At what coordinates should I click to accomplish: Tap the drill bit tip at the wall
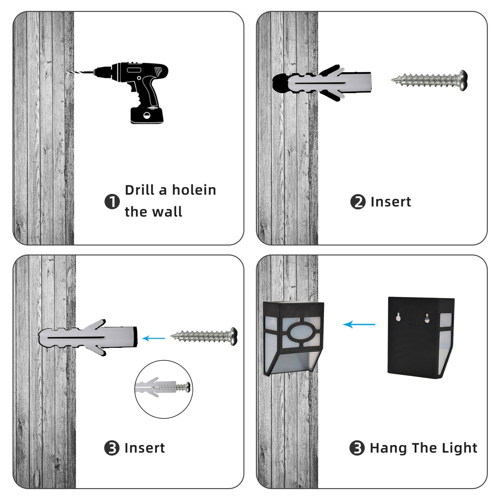[x=67, y=72]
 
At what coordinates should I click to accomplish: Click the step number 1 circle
[x=112, y=202]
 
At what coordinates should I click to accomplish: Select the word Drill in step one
[x=140, y=190]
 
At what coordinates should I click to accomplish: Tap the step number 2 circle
[x=358, y=202]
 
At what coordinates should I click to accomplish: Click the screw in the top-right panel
[x=429, y=80]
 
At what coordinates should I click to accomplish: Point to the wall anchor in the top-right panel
[x=322, y=83]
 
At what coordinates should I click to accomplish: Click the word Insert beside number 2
[x=391, y=202]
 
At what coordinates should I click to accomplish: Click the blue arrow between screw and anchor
[x=153, y=338]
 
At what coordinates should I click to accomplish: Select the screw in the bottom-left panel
[x=204, y=336]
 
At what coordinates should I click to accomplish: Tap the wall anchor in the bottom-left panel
[x=88, y=337]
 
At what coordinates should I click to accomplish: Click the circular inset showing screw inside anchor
[x=164, y=389]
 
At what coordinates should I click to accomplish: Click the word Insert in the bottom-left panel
[x=144, y=448]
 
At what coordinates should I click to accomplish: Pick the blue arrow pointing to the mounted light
[x=359, y=324]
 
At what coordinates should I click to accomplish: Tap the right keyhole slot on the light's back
[x=427, y=318]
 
